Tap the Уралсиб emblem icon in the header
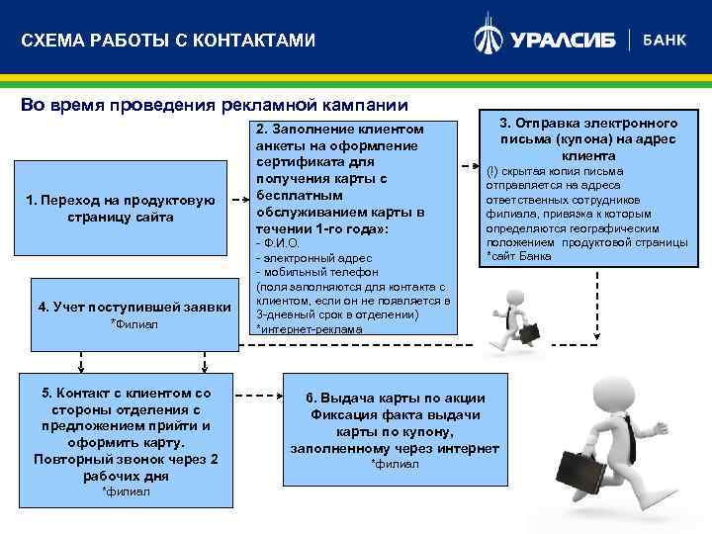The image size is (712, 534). (489, 38)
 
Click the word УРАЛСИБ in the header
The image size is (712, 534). (563, 41)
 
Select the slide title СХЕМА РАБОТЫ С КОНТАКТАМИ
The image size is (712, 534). (168, 41)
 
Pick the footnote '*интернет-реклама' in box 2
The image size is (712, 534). (309, 328)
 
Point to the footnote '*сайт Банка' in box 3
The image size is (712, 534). (520, 257)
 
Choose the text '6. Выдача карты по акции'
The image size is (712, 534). (395, 399)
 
